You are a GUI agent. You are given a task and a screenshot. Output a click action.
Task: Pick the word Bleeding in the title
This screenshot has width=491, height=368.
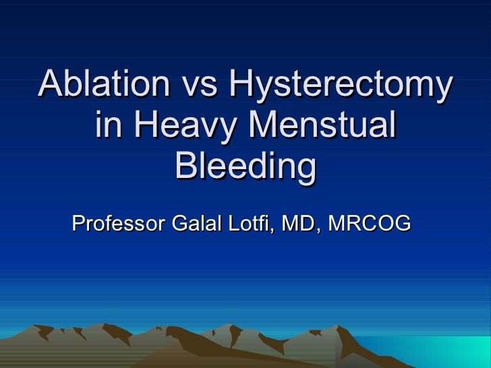point(245,168)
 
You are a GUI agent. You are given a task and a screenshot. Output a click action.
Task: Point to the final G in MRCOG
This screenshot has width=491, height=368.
point(402,222)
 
